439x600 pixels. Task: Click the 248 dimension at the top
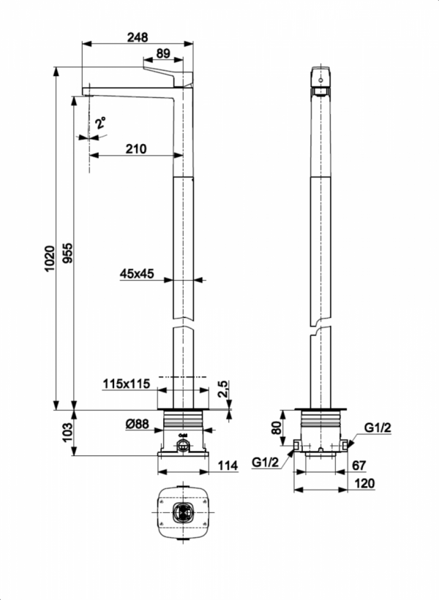click(x=137, y=37)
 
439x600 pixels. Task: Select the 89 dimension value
click(x=163, y=53)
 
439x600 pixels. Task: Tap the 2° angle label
click(x=100, y=122)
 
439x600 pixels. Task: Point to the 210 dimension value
click(x=135, y=148)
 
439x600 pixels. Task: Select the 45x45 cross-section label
click(x=137, y=274)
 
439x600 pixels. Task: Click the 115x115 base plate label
click(x=126, y=384)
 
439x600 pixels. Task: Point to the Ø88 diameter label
click(x=137, y=423)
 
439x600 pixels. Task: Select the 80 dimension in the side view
click(x=277, y=426)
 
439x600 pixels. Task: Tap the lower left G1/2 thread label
click(x=266, y=463)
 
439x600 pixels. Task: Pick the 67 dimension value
click(x=359, y=466)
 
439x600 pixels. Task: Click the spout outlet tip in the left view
click(x=86, y=94)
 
